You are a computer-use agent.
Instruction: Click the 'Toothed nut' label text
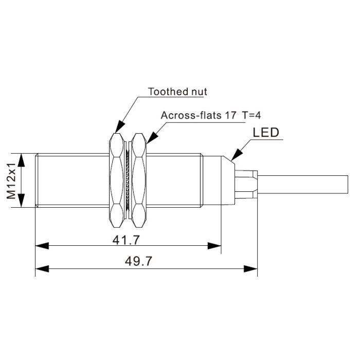(177, 92)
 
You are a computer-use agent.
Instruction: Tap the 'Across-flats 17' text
(199, 115)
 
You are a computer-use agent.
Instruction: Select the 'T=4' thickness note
(251, 115)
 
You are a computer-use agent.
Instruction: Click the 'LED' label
(266, 133)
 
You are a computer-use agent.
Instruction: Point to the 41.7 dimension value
(126, 240)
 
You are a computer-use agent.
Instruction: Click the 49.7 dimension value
(138, 261)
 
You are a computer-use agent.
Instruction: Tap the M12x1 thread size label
(11, 181)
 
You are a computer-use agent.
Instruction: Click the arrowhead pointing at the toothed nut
(120, 127)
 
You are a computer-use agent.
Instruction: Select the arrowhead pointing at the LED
(237, 155)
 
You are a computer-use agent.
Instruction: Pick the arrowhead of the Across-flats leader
(152, 137)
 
